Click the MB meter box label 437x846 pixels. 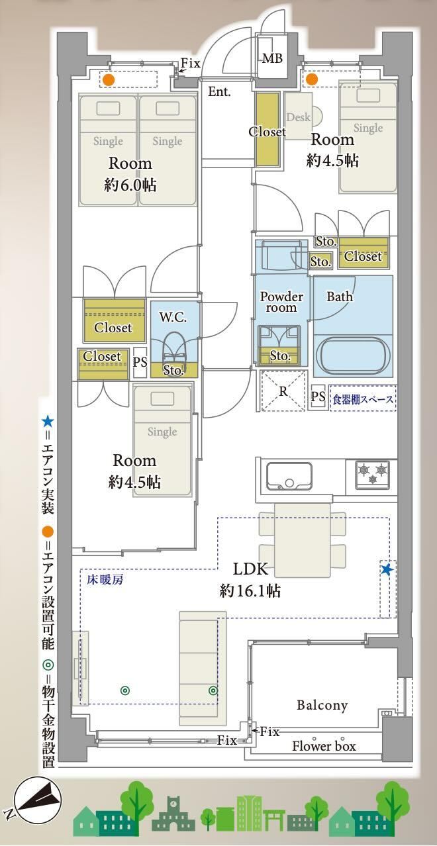272,58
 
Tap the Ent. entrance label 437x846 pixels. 219,91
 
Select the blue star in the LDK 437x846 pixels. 387,569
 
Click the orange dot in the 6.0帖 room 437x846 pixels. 109,79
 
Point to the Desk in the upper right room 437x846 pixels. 299,117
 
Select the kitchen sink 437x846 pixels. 289,476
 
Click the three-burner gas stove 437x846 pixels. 373,474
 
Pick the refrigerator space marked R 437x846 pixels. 283,391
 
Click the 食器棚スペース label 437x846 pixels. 363,399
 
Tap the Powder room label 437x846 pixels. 281,302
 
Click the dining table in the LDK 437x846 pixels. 303,540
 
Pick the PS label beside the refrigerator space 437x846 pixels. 318,396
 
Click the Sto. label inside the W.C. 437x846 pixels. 173,370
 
